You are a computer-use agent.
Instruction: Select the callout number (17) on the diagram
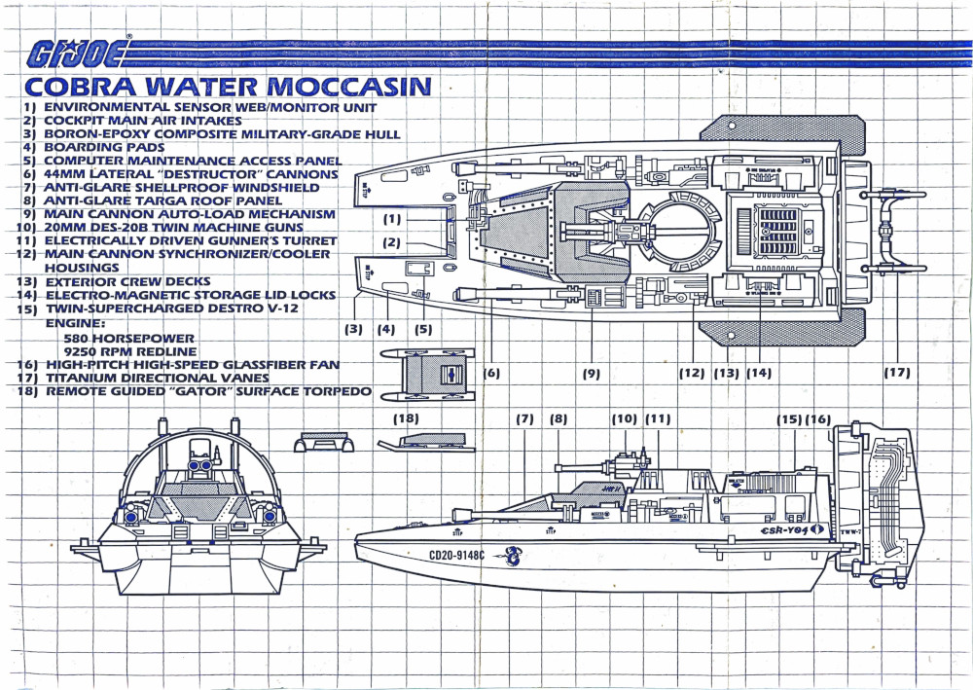pos(896,372)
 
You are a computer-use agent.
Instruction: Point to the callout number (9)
pos(591,372)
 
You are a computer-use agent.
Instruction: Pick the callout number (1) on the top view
pos(392,219)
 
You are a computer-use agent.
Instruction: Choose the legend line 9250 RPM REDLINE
pos(129,350)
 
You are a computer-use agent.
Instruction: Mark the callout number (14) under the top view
pos(758,372)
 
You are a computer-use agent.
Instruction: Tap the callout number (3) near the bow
pos(353,329)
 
